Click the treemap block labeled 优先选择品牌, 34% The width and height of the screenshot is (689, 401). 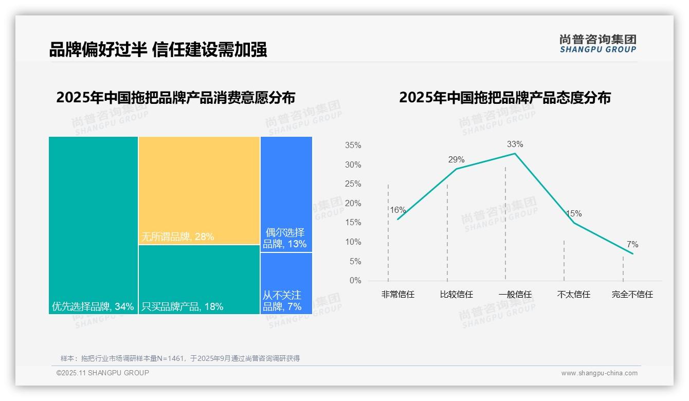click(x=93, y=225)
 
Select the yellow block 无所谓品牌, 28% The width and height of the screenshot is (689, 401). click(x=199, y=190)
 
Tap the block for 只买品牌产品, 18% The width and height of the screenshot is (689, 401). click(x=199, y=279)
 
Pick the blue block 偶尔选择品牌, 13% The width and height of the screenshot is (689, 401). click(x=286, y=194)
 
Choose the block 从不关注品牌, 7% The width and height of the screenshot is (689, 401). click(x=286, y=283)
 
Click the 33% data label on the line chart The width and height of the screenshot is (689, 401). click(x=515, y=144)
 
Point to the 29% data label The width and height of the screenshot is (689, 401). click(x=456, y=159)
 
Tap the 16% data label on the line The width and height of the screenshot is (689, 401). click(x=397, y=210)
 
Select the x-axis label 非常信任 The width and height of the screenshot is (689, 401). click(x=397, y=295)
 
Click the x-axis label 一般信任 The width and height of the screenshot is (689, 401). click(x=515, y=295)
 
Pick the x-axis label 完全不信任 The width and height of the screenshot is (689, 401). click(x=632, y=295)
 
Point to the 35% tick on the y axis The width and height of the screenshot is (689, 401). click(x=353, y=145)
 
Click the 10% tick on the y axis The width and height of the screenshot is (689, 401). click(x=353, y=242)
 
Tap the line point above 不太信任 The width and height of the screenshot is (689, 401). click(x=574, y=222)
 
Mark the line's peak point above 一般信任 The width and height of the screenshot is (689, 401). click(x=515, y=153)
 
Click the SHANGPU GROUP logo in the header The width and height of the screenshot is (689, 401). click(x=597, y=43)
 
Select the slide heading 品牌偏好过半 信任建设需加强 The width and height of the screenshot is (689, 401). click(x=158, y=49)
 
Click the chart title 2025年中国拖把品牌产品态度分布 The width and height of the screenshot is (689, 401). click(x=504, y=98)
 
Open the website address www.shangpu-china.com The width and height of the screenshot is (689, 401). click(x=599, y=373)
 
